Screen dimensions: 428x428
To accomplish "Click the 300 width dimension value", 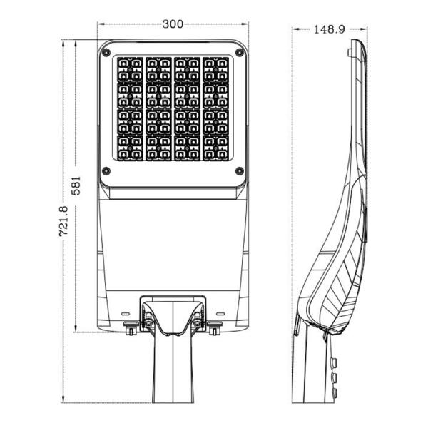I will [172, 24].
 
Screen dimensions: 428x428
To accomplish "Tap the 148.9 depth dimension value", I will [329, 29].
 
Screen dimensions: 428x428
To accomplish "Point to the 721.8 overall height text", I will [63, 221].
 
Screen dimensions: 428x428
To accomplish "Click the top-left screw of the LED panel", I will [107, 52].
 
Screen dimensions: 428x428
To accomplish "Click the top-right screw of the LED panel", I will [239, 52].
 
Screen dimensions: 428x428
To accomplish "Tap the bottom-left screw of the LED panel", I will [107, 170].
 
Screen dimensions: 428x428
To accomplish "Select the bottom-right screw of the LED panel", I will [239, 170].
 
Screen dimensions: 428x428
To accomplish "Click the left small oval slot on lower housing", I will [125, 313].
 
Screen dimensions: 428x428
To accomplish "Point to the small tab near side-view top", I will [347, 52].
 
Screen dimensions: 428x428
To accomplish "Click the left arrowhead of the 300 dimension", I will [101, 24].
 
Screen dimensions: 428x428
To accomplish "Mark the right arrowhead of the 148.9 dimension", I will [367, 29].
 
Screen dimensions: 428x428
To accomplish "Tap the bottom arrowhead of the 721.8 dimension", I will [64, 401].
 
